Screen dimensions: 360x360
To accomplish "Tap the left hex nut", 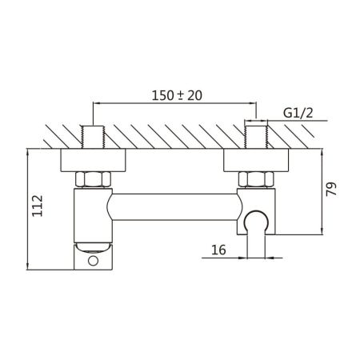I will point(94,180).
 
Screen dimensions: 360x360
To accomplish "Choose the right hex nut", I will point(257,180).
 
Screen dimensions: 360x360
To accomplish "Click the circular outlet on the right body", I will point(256,220).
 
